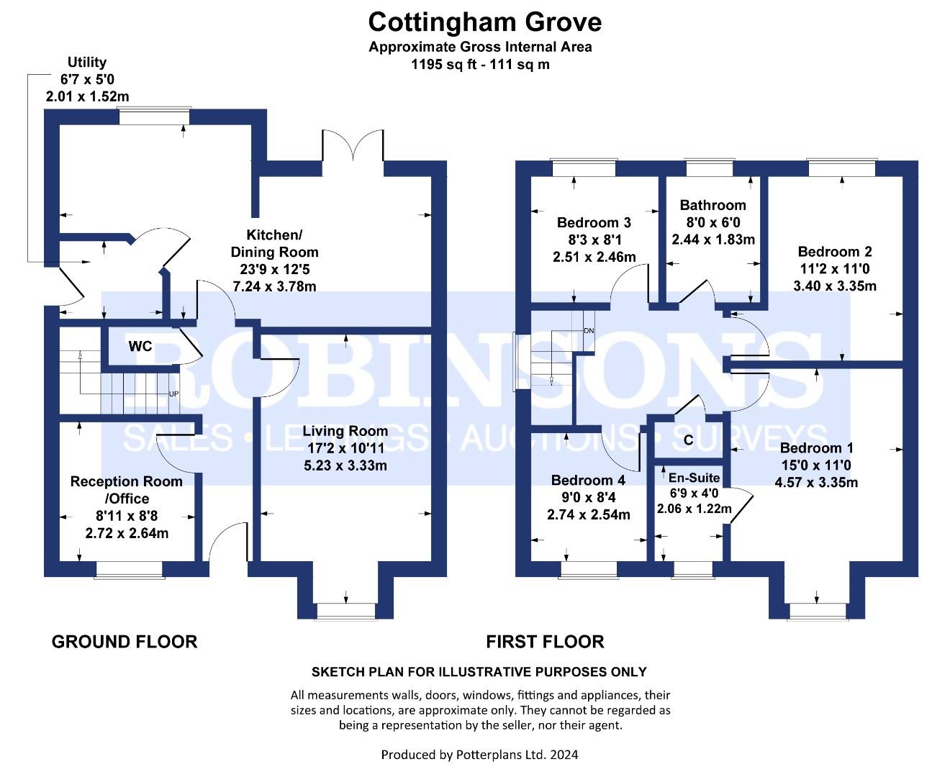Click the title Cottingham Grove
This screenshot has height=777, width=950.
(484, 22)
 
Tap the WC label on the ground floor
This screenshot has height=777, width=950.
(140, 346)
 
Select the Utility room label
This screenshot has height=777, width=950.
(87, 62)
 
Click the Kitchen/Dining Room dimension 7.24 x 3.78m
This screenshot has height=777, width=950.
(274, 286)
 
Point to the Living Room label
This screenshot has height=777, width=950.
(345, 431)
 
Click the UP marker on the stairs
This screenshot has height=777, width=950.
(174, 394)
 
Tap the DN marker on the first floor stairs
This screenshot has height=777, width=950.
(589, 331)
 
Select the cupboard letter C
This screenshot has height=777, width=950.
(688, 440)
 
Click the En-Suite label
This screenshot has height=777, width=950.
(694, 478)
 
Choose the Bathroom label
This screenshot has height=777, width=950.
(712, 205)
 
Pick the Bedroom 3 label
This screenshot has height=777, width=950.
(594, 222)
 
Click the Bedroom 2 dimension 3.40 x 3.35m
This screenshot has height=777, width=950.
(835, 286)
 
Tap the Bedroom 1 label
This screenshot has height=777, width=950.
(816, 448)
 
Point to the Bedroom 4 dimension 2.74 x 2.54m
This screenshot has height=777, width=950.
(588, 514)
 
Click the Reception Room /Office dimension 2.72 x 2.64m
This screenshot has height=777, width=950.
(127, 533)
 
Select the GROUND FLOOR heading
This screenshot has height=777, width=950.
(125, 642)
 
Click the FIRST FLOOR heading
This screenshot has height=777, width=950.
(545, 642)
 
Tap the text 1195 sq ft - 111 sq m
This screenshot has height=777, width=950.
(480, 65)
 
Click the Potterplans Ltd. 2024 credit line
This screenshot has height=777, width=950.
(480, 755)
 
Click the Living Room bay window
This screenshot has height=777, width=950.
(346, 612)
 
